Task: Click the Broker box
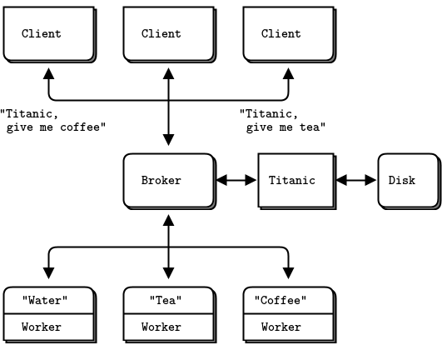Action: [169, 181]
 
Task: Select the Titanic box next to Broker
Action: [296, 181]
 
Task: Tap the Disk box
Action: [409, 181]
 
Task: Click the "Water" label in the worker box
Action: [45, 301]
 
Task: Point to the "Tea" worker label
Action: [166, 301]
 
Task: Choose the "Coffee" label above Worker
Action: [281, 301]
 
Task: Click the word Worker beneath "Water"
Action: [42, 327]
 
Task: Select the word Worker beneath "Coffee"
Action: [281, 327]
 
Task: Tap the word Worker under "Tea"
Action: [161, 327]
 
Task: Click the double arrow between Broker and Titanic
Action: [236, 180]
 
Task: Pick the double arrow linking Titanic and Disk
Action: [356, 180]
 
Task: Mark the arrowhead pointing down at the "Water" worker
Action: [49, 273]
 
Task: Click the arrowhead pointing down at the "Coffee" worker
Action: [288, 273]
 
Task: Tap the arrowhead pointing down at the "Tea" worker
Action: [169, 273]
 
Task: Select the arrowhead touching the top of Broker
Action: [169, 140]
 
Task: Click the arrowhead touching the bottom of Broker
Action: [169, 220]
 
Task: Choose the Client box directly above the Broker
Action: [169, 34]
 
